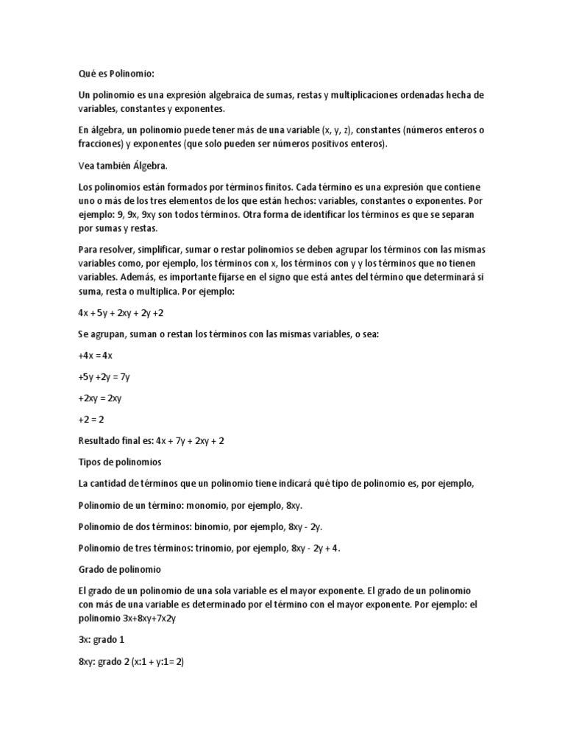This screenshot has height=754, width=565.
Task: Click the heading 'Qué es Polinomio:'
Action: click(x=117, y=74)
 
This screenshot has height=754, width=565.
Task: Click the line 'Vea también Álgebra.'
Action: click(x=124, y=166)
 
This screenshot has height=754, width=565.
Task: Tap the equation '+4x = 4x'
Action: click(x=95, y=356)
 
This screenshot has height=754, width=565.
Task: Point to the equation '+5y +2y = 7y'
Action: click(x=104, y=377)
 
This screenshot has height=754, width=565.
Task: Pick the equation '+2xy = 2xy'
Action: click(x=100, y=398)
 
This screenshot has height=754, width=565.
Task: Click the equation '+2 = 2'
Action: click(x=90, y=420)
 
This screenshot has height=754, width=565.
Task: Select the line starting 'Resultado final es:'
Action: click(x=151, y=441)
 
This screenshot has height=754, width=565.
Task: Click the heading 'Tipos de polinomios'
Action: click(x=120, y=462)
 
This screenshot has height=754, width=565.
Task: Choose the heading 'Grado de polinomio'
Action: click(x=119, y=570)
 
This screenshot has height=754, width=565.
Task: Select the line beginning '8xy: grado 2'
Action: click(x=131, y=662)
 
